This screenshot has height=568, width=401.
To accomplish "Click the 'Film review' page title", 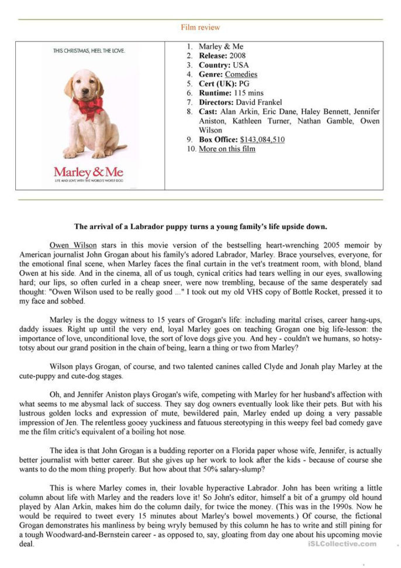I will (200, 28).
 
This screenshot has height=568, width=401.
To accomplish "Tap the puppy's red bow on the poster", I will (87, 105).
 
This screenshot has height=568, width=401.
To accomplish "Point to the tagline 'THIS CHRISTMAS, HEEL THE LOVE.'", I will (89, 51).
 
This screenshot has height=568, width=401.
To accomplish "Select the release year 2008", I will (238, 56).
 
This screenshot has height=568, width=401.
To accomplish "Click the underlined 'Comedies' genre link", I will (241, 74).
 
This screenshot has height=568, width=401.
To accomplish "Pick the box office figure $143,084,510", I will (262, 139).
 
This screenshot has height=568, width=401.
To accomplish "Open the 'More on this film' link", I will (227, 149).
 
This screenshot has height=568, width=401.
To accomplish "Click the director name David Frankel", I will (258, 102).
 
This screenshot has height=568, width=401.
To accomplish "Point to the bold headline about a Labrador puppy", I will (200, 227).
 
